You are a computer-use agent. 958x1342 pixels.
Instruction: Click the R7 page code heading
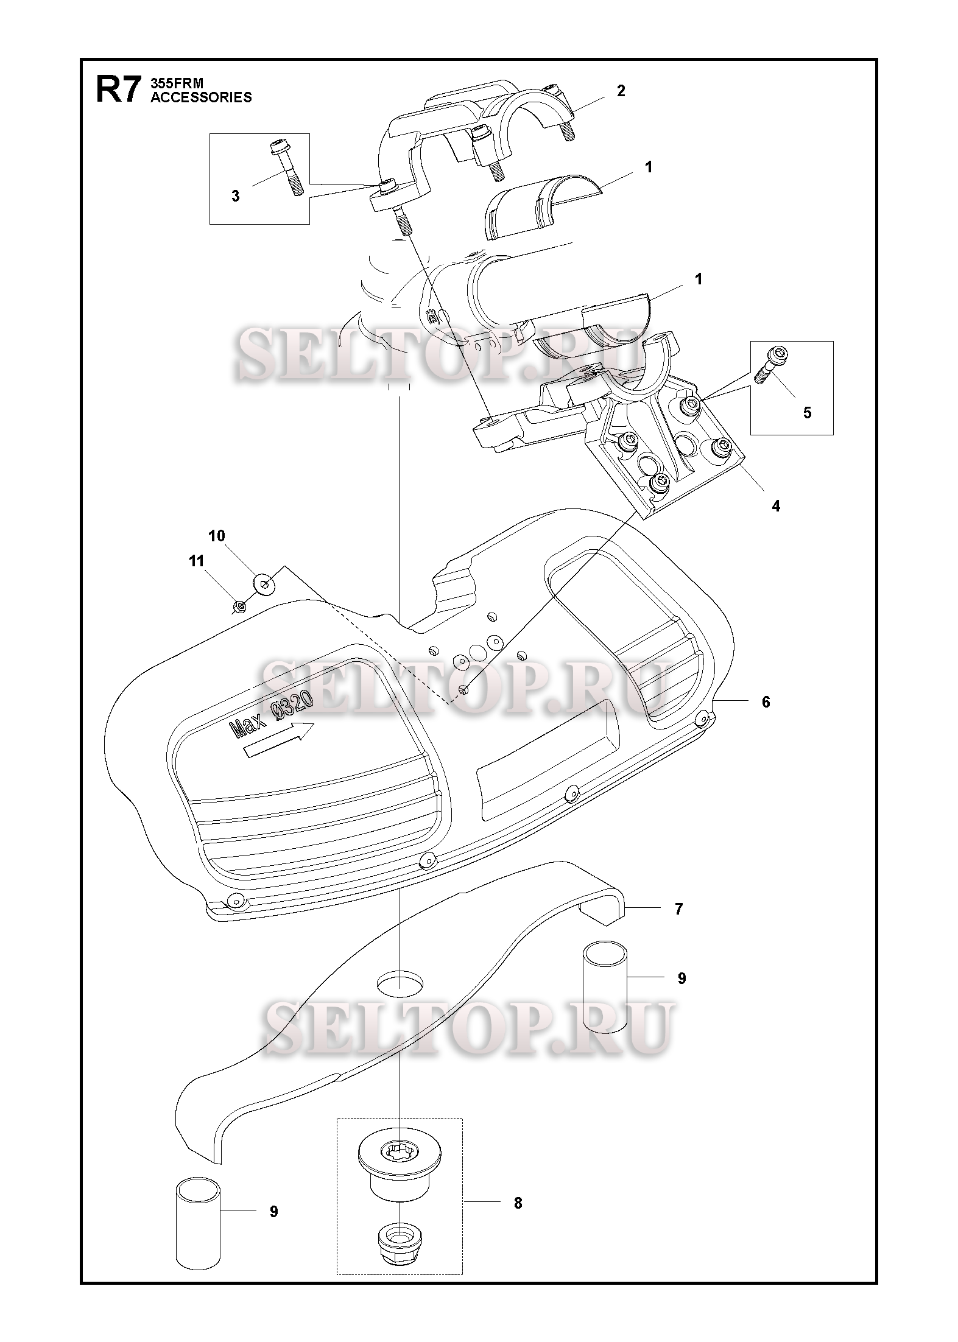click(x=119, y=90)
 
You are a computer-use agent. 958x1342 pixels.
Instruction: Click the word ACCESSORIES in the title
click(x=201, y=97)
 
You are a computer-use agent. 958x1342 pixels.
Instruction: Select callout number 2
click(x=621, y=91)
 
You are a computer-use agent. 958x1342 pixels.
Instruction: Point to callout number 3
click(x=235, y=196)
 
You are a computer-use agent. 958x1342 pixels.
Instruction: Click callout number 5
click(x=807, y=413)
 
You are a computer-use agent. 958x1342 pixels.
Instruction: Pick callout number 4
click(x=776, y=506)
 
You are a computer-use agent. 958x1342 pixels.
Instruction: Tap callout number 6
click(x=766, y=702)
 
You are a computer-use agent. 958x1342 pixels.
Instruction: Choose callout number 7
click(x=678, y=926)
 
